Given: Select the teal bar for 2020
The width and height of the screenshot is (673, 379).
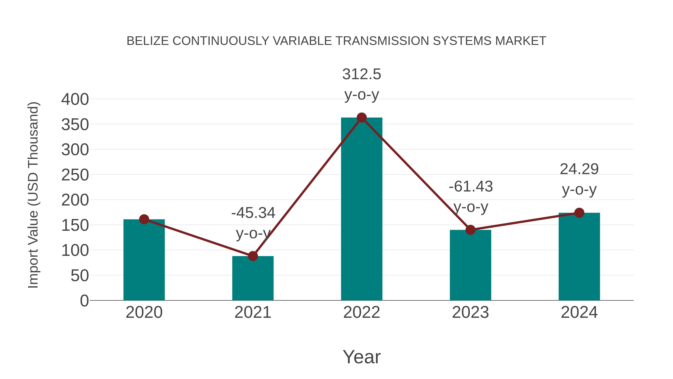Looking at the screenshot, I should tap(144, 262).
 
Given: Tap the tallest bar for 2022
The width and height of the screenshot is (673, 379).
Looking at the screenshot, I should tap(362, 209).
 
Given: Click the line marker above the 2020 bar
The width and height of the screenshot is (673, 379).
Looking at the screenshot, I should tap(144, 219).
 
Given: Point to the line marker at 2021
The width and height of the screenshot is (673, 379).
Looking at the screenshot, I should tap(253, 256).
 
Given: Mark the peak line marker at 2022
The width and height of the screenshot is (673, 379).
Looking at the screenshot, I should tap(362, 118).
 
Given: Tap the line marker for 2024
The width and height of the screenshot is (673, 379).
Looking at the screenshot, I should tap(579, 213).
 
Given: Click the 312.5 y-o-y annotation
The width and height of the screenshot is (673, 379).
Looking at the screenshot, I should tap(362, 84).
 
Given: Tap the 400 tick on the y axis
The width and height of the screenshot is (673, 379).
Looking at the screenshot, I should tap(75, 99).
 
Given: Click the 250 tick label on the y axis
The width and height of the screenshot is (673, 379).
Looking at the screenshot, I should tap(75, 175).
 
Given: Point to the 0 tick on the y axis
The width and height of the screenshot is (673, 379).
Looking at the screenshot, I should tap(84, 301).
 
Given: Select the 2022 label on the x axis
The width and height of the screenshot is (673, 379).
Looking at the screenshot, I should tap(362, 312).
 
